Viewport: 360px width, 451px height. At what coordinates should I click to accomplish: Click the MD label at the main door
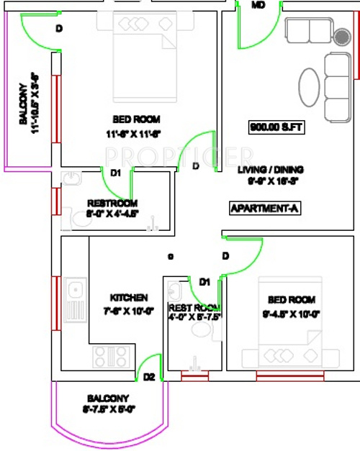[x=258, y=5]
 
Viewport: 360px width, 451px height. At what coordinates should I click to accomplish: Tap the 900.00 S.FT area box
[x=277, y=128]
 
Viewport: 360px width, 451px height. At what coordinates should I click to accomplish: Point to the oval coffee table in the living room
[x=310, y=89]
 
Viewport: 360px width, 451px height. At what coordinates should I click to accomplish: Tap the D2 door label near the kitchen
[x=149, y=377]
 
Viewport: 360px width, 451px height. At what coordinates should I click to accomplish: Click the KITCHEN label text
[x=129, y=297]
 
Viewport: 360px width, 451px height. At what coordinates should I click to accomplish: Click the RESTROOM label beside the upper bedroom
[x=112, y=204]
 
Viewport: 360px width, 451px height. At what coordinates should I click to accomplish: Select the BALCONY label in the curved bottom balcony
[x=108, y=398]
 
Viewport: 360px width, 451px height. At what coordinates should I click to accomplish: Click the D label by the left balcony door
[x=59, y=29]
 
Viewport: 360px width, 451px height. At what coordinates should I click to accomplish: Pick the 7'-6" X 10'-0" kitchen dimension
[x=129, y=311]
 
